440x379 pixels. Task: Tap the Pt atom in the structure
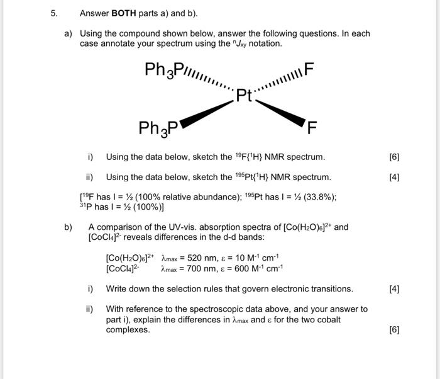(244, 96)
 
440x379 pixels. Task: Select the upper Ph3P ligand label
(163, 69)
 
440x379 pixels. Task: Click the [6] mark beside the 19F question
(394, 157)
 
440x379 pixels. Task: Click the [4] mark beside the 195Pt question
(394, 177)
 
